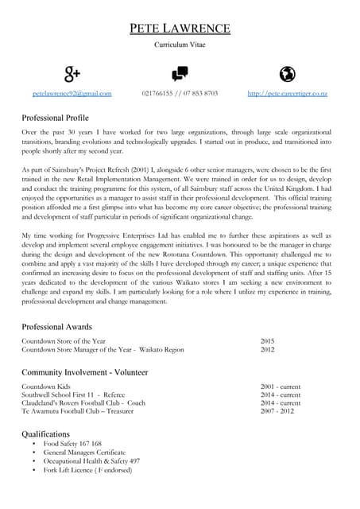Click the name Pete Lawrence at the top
tap(180, 29)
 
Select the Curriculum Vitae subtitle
tap(180, 46)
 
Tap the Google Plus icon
tap(72, 74)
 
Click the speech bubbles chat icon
tap(180, 74)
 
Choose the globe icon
tap(288, 74)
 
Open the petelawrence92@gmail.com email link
tap(72, 93)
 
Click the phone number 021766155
tap(157, 93)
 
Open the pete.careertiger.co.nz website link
tap(288, 93)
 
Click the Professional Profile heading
tap(60, 118)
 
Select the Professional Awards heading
tap(57, 327)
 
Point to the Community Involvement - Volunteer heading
tap(85, 372)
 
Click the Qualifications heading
tap(46, 433)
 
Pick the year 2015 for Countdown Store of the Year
tap(267, 340)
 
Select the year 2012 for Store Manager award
tap(267, 349)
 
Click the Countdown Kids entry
tap(46, 387)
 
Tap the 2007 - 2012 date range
tap(277, 411)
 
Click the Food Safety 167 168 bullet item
tap(72, 444)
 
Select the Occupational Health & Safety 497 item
tap(91, 461)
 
